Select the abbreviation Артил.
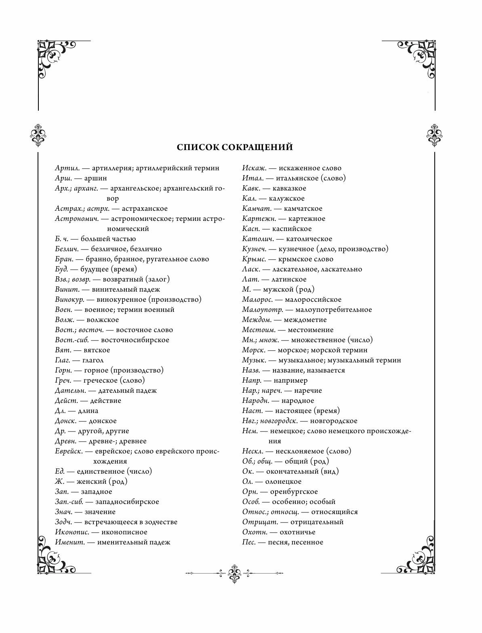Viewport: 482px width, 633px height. coord(66,168)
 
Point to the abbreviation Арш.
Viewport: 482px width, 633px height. coord(62,178)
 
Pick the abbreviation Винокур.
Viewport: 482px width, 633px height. coord(69,299)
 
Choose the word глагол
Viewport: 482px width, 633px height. coord(93,360)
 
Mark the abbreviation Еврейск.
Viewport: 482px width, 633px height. coord(69,451)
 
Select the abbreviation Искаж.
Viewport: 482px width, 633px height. coord(254,168)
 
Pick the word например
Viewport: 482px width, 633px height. coord(290,380)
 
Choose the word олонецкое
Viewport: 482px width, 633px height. coord(283,481)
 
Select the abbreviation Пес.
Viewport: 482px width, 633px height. coord(249,542)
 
